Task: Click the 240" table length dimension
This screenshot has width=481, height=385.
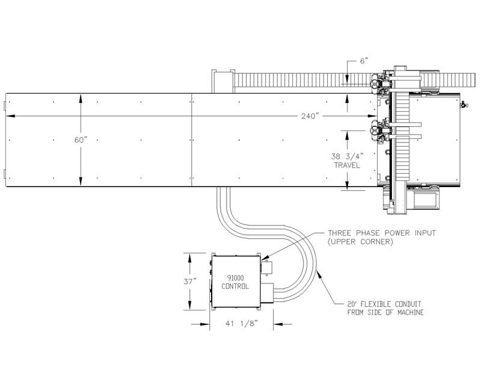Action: point(310,116)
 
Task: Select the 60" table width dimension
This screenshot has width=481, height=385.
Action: point(81,140)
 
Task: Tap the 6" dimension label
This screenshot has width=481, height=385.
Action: point(364,61)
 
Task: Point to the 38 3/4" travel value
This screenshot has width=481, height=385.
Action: point(347,156)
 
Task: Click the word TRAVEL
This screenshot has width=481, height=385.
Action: point(347,165)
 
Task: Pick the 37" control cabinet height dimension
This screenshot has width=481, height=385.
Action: point(190,281)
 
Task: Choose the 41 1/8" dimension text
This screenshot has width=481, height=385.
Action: point(242,323)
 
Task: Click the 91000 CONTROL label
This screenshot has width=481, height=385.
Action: point(235,282)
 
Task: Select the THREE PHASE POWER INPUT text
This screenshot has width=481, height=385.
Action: point(382,233)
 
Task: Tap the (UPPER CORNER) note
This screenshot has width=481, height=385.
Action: point(360,242)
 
